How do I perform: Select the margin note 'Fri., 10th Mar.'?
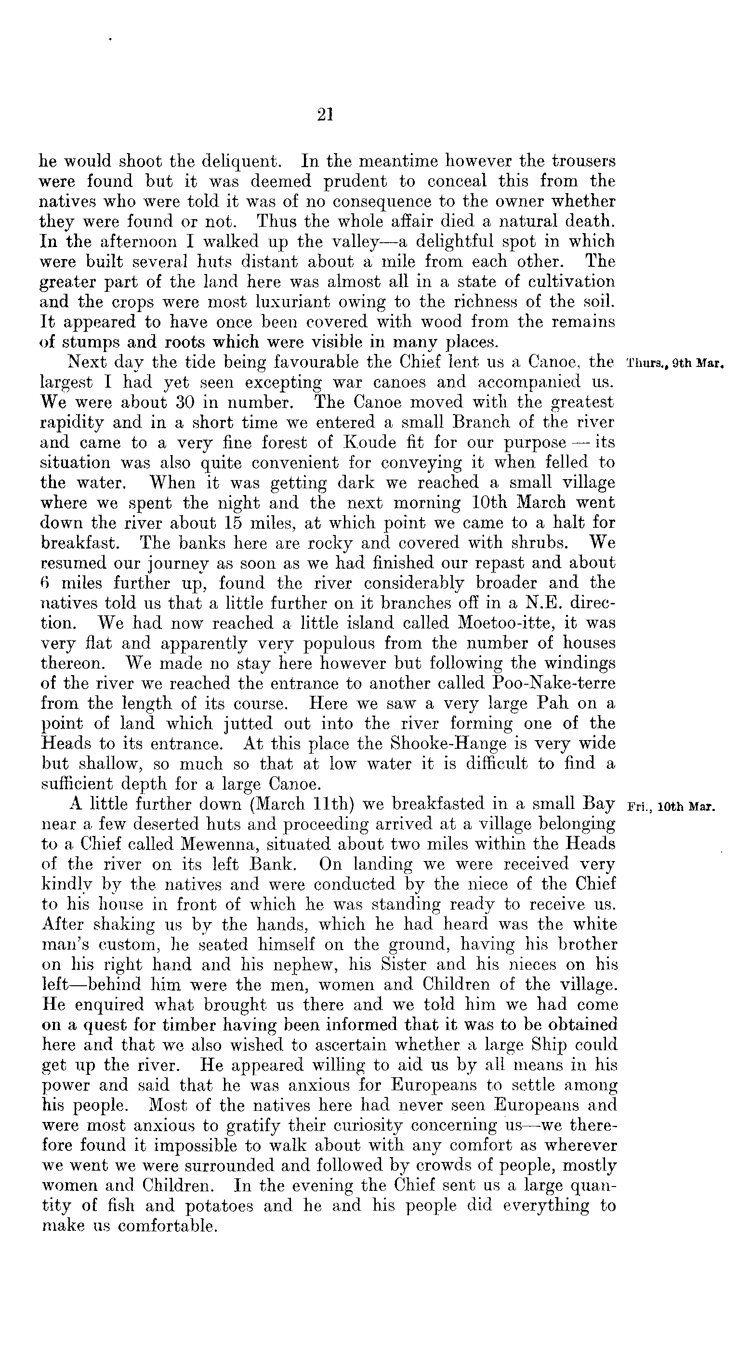click(671, 806)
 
